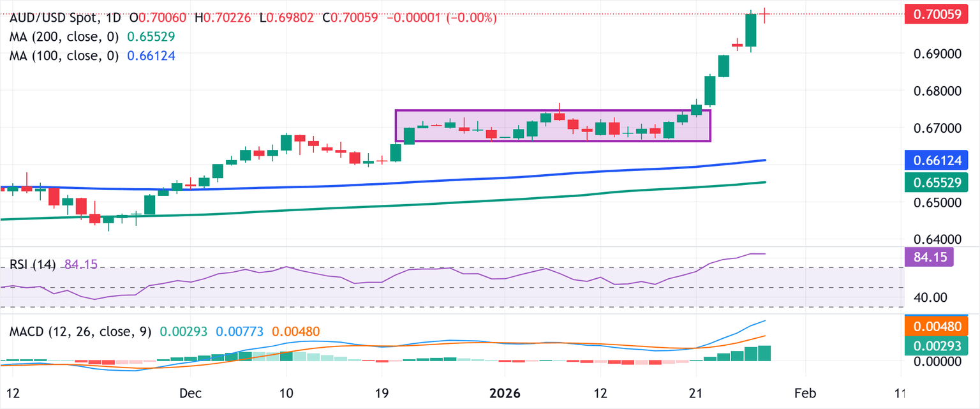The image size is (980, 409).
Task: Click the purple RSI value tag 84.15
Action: coord(929,257)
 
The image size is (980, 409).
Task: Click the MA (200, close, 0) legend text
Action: coord(64,38)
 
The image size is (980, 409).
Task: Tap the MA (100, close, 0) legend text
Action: coord(64,56)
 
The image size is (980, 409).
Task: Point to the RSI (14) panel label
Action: coord(32,264)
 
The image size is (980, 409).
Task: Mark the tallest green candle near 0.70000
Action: coord(751,30)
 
